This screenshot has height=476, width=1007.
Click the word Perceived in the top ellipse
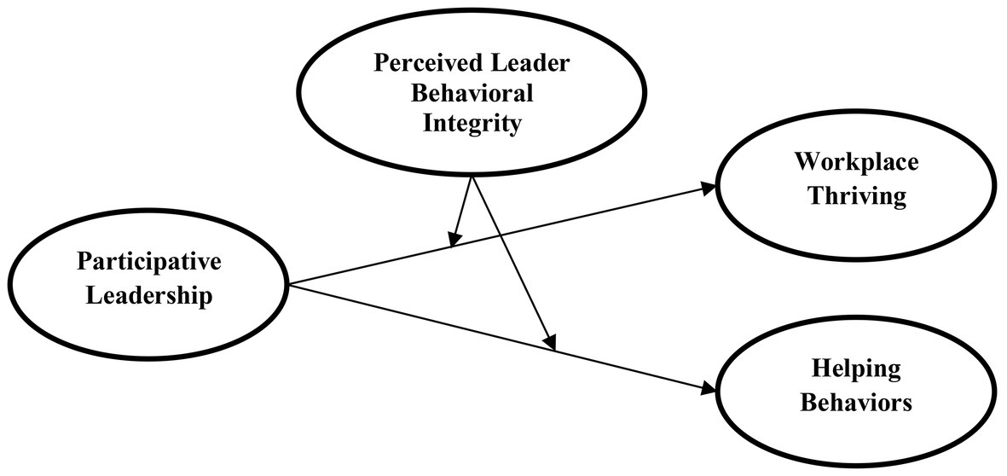pyautogui.click(x=414, y=65)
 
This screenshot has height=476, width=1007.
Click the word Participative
pyautogui.click(x=149, y=263)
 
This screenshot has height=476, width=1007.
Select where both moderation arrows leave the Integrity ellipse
pyautogui.click(x=472, y=176)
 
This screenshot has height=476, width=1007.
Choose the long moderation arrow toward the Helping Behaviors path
pyautogui.click(x=512, y=259)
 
